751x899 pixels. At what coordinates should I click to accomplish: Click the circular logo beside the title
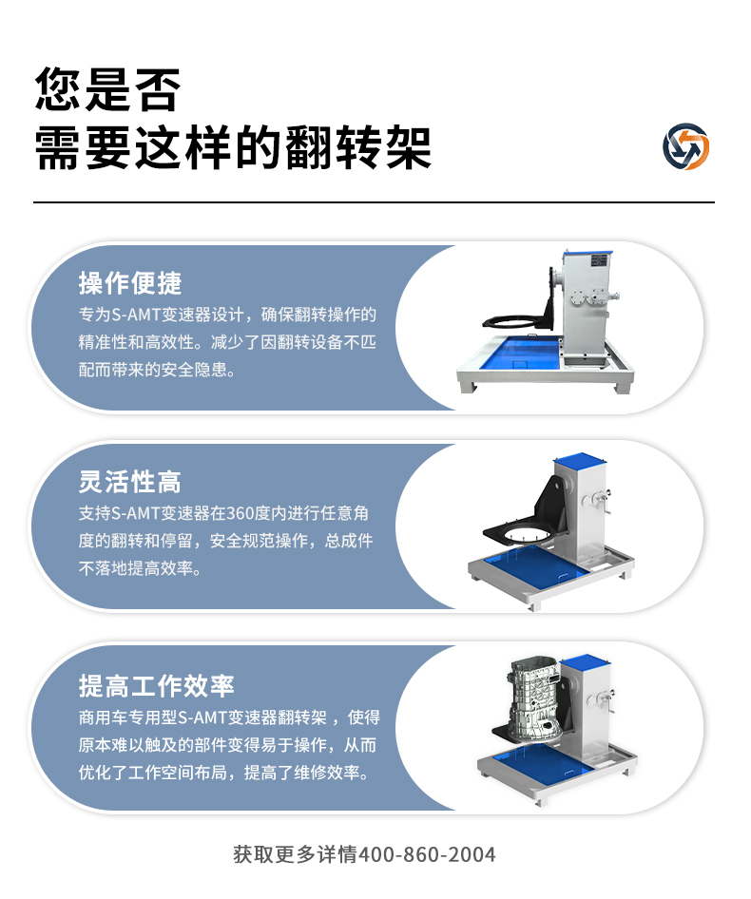[x=685, y=146]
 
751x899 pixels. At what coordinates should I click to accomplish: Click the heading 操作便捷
[x=130, y=283]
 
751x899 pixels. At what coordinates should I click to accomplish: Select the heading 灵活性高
[x=130, y=482]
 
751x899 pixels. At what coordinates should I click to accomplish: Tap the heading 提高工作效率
[x=157, y=686]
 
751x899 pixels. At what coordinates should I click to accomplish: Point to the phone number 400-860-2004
[x=427, y=854]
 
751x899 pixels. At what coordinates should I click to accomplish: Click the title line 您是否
[x=107, y=89]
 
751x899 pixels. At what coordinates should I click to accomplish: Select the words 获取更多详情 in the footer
[x=296, y=854]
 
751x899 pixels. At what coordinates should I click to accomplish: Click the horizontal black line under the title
[x=374, y=201]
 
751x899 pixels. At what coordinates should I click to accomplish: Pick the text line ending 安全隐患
[x=157, y=370]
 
